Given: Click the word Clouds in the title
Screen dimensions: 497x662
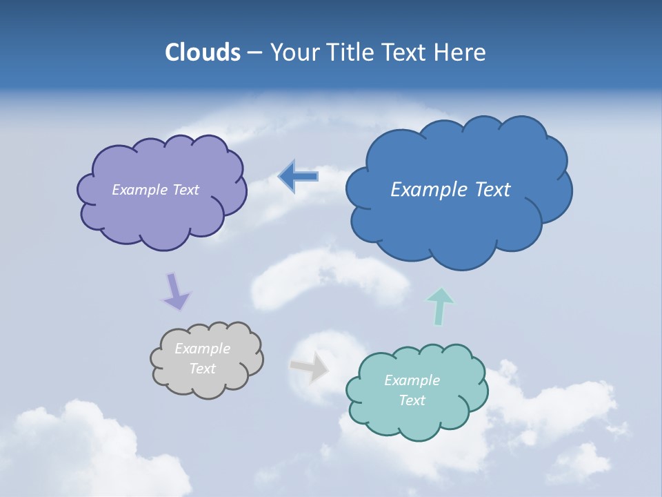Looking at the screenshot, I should pyautogui.click(x=202, y=52).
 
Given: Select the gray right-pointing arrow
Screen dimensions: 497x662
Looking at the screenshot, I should pyautogui.click(x=310, y=367).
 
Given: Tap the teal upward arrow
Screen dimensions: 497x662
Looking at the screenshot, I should pyautogui.click(x=440, y=306).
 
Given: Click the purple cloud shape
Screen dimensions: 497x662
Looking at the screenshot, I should pyautogui.click(x=161, y=214).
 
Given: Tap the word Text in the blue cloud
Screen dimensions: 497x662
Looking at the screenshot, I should pyautogui.click(x=492, y=190).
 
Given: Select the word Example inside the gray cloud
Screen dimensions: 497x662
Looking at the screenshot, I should pyautogui.click(x=202, y=349).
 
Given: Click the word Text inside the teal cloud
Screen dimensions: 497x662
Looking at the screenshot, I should pyautogui.click(x=412, y=400).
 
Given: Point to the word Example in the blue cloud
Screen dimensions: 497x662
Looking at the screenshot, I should pyautogui.click(x=430, y=190).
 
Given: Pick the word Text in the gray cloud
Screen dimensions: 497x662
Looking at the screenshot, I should pyautogui.click(x=202, y=369).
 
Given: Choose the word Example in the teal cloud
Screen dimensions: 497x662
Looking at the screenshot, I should pyautogui.click(x=412, y=380).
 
